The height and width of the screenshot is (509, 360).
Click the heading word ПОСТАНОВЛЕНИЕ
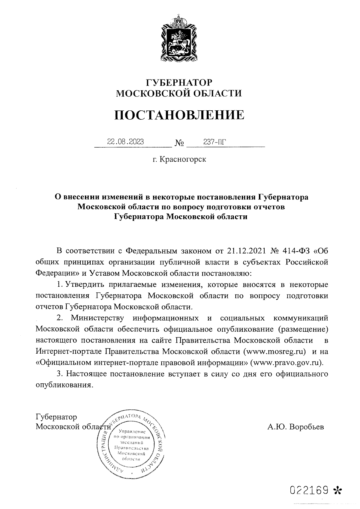179,115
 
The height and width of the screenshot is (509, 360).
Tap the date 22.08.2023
125,142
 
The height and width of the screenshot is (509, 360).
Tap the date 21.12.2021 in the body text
246,250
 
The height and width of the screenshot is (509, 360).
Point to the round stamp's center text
130,442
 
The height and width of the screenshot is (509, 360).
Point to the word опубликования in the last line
63,385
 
